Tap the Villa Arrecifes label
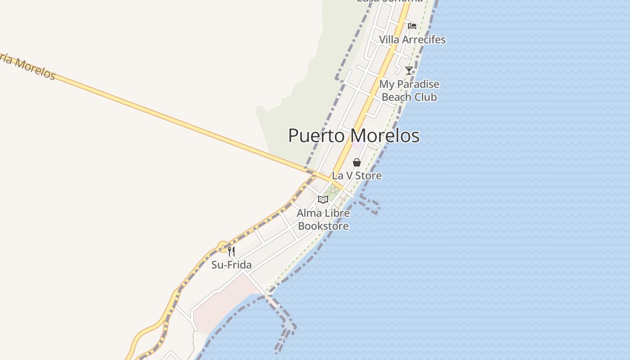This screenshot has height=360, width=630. pos(412,40)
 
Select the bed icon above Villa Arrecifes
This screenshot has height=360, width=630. pos(412,26)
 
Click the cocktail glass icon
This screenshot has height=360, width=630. pos(409,70)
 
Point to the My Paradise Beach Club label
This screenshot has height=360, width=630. pos(409,90)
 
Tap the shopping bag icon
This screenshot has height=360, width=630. pos(357,162)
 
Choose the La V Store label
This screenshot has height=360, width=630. pos(357,175)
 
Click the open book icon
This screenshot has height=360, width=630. pos(323,199)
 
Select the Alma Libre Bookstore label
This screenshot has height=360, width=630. pos(323,220)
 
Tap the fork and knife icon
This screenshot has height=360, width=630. pos(231,251)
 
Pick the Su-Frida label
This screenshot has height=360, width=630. pos(231,265)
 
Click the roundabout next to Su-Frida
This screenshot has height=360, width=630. pos(223,247)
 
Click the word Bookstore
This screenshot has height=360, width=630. pos(323,226)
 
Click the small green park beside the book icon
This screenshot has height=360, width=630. pos(333,191)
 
